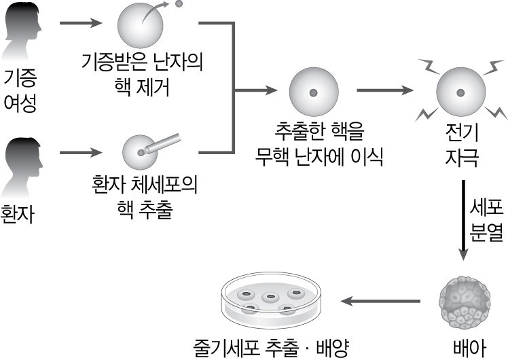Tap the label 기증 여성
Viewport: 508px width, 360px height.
tap(20, 90)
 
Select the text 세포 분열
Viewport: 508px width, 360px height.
tap(486, 219)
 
